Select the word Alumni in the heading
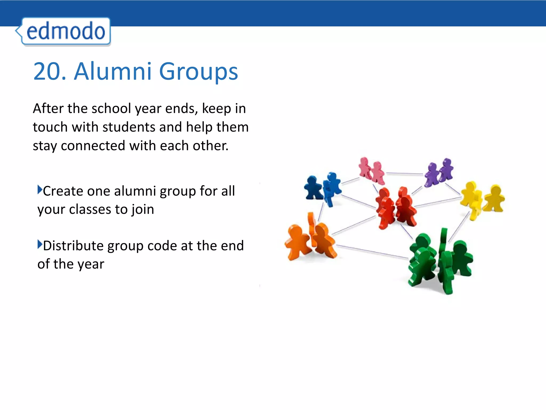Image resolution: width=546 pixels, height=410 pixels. click(x=113, y=71)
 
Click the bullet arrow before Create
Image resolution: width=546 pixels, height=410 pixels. click(x=40, y=190)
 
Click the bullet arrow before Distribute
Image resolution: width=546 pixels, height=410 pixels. click(x=40, y=244)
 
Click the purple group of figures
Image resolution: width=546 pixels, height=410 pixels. click(x=439, y=172)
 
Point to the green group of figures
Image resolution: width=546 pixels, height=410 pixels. click(x=440, y=260)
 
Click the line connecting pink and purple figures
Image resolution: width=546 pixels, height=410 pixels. click(x=404, y=174)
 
